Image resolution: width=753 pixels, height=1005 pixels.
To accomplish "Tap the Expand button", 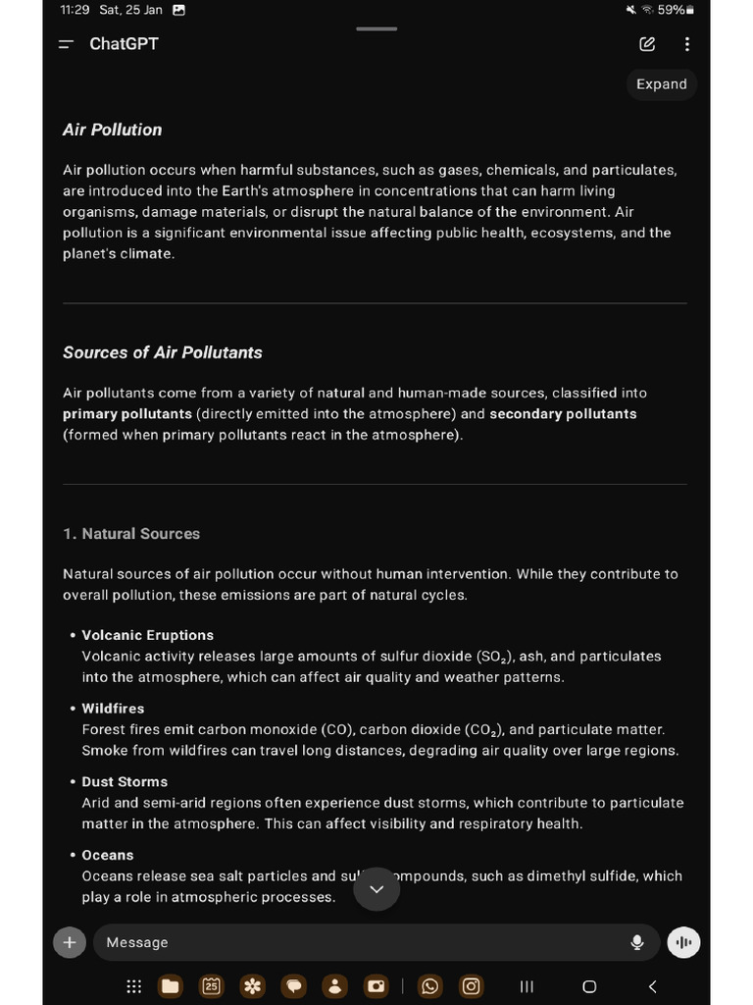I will pos(662,84).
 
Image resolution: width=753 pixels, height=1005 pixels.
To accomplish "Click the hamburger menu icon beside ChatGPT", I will pos(66,44).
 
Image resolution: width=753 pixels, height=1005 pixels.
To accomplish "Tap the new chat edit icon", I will pos(647,44).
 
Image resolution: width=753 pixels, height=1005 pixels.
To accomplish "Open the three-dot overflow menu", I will pos(687,44).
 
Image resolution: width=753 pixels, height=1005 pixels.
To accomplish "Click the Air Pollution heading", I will pos(112,130).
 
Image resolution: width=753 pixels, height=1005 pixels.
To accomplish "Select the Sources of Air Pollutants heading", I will pos(163,352).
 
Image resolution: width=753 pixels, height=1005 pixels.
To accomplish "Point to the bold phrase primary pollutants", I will pos(127,414).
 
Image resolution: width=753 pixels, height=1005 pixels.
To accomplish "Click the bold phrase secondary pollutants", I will pos(563,414).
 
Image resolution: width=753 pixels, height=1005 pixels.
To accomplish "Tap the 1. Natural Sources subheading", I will pos(131,534).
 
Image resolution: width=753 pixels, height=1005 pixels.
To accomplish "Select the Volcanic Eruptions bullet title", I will pos(147,635).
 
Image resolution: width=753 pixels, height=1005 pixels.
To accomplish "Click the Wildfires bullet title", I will pos(113,709).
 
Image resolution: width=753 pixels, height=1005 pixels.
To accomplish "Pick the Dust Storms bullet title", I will pos(125,782).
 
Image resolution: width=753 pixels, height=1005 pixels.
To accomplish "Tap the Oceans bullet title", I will pos(108,855).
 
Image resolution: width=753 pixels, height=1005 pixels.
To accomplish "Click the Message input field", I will pos(353,942).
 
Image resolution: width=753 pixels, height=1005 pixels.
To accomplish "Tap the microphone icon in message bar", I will pos(637,942).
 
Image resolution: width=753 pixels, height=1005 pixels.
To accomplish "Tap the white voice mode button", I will pos(683,942).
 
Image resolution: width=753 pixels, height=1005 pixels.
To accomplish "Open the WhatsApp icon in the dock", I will pos(430,986).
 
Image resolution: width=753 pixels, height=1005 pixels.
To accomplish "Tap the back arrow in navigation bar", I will pos(653,986).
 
